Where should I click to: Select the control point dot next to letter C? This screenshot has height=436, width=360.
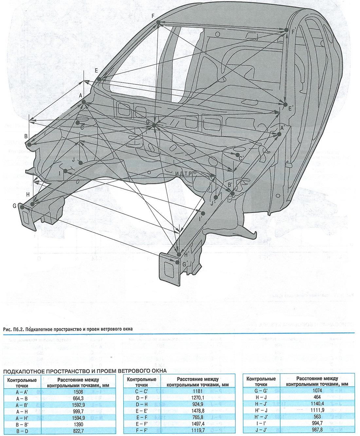click(78, 123)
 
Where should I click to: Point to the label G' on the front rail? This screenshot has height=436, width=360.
click(185, 264)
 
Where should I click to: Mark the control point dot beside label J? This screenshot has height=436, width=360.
click(81, 163)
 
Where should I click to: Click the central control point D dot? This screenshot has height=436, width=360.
click(154, 125)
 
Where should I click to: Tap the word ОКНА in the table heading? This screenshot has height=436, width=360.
click(156, 371)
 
